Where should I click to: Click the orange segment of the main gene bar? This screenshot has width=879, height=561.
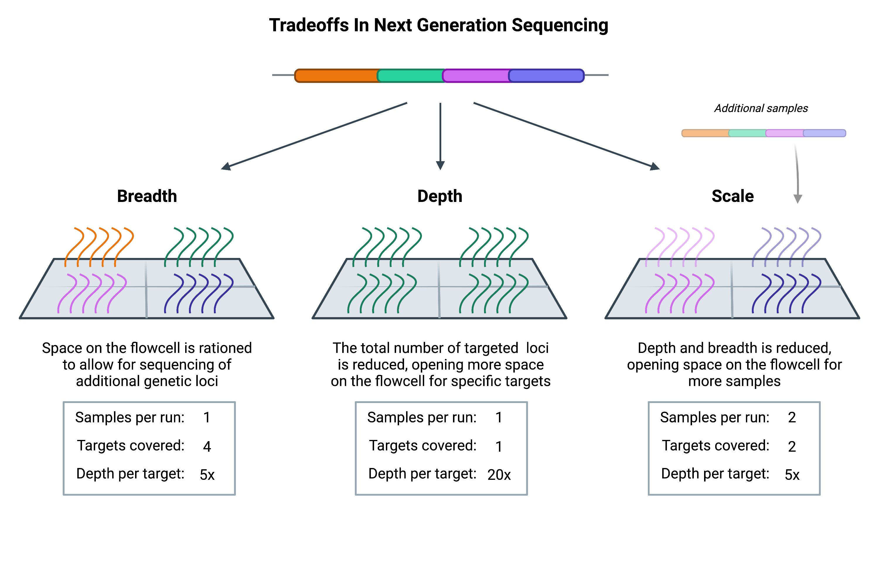[336, 76]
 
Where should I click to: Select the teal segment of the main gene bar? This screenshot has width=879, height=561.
[411, 76]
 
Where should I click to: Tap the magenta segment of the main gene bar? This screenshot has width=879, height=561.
[476, 76]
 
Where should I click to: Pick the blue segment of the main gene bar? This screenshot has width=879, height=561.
[546, 76]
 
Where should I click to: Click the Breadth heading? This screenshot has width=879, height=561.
[147, 196]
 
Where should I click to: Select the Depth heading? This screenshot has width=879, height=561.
[440, 196]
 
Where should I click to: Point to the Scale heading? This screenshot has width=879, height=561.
[732, 196]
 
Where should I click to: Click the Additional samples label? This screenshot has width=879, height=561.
[761, 108]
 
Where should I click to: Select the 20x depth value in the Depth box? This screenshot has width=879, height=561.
[499, 475]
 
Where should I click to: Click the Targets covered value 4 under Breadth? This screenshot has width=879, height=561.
[207, 447]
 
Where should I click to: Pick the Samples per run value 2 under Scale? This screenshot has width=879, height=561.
[792, 417]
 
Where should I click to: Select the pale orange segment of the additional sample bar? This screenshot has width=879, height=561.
[705, 133]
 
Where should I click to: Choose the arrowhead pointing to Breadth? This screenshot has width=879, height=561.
[226, 166]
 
